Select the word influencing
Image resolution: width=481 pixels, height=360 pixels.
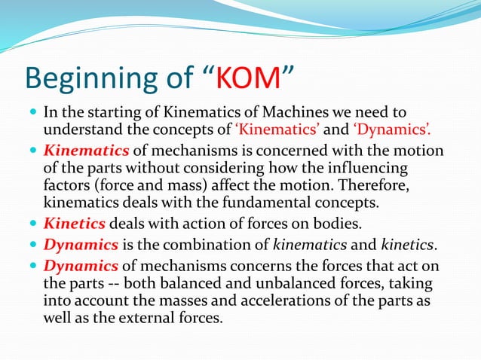(369, 168)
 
